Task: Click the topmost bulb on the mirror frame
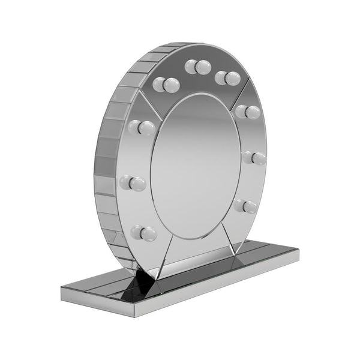(x=199, y=66)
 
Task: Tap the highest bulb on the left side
(x=166, y=85)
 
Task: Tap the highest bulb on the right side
(x=226, y=77)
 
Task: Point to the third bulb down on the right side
(x=255, y=158)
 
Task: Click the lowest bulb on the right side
(x=247, y=206)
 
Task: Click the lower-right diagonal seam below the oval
(x=227, y=238)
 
